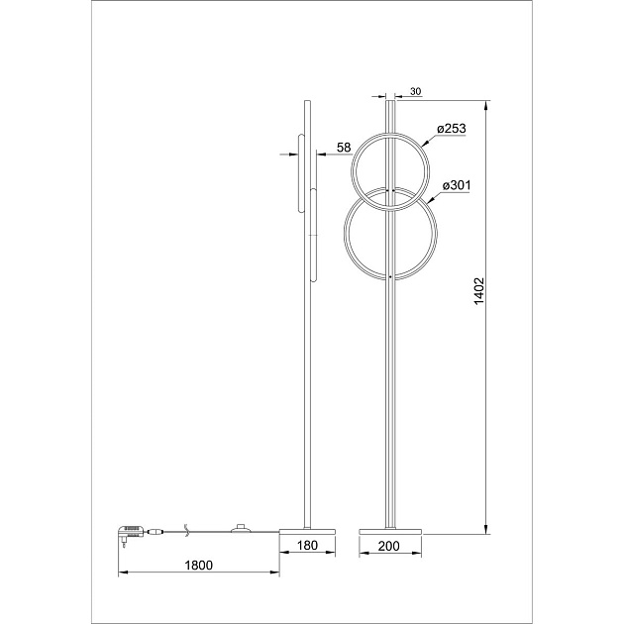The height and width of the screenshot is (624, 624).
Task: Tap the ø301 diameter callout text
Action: point(456,184)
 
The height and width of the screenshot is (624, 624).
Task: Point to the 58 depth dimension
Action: point(344,148)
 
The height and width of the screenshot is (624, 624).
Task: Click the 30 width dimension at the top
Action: point(415,91)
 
